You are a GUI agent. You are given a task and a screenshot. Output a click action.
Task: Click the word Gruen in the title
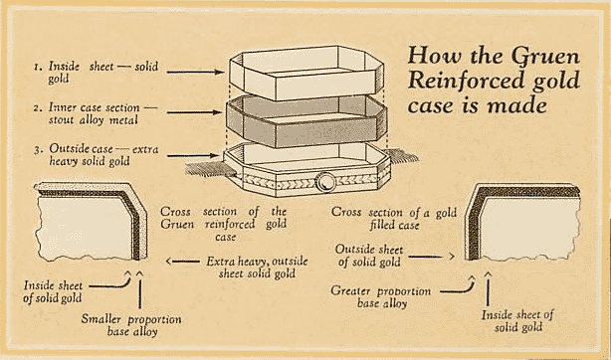point(545,56)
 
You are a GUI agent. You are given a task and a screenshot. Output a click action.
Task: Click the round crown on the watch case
point(325,182)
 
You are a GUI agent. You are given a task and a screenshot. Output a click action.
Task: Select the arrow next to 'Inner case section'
point(194,112)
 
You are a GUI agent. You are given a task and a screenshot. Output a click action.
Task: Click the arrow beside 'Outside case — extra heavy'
point(192,156)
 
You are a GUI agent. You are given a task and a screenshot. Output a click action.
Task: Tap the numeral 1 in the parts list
point(37,68)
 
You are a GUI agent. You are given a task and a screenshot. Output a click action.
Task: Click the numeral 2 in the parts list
point(38,108)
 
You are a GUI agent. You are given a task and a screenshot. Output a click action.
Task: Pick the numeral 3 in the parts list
point(37,150)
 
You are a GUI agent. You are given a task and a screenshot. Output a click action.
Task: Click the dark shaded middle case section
point(306,121)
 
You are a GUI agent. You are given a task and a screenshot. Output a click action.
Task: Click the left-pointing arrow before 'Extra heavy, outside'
point(182,261)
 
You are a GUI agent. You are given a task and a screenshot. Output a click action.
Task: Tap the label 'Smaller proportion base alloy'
point(131,325)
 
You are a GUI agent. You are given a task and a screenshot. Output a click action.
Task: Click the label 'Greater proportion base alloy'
point(381,297)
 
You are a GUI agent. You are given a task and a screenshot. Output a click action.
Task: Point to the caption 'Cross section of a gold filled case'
point(394,219)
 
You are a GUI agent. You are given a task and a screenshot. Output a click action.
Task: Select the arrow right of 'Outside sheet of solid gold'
point(431,257)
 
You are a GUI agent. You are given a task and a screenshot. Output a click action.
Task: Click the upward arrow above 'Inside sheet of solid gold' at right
point(488,289)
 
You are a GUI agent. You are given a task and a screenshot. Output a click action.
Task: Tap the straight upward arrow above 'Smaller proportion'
point(140,289)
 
